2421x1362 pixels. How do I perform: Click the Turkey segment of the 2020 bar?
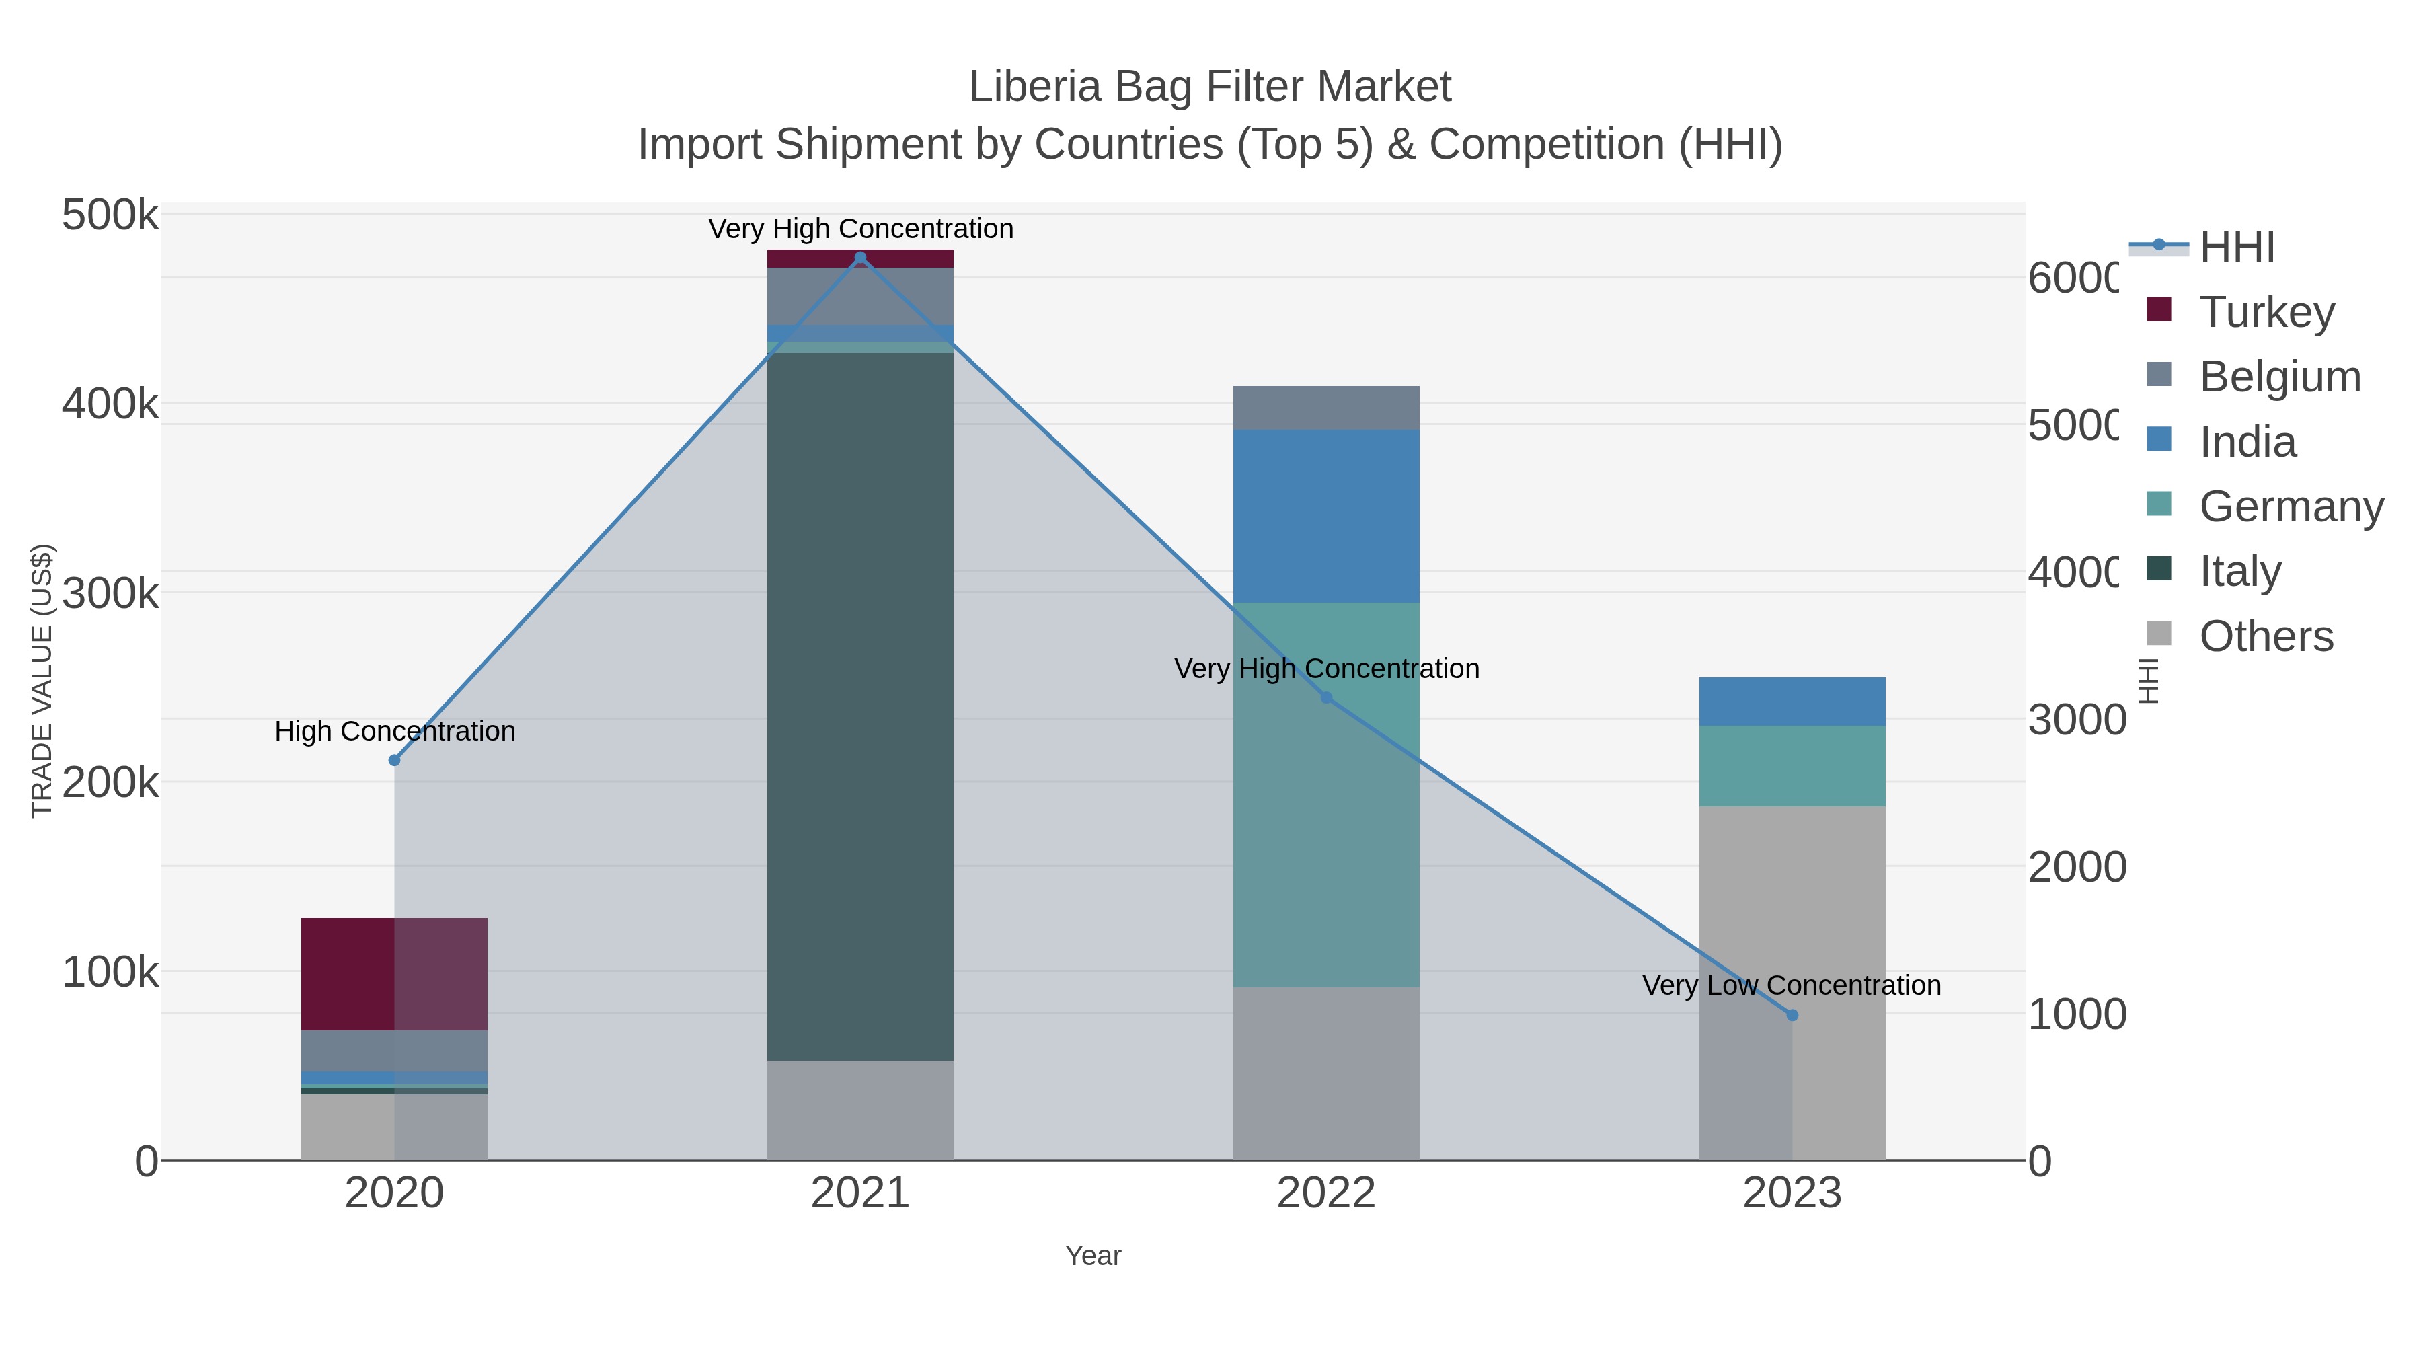(394, 974)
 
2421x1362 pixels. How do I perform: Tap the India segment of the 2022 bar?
(1325, 515)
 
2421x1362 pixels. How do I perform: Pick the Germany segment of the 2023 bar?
(1792, 765)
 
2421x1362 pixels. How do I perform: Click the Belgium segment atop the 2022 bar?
(1325, 407)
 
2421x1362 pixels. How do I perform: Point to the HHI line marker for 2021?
(860, 258)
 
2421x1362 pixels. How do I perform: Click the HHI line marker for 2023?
(1792, 1015)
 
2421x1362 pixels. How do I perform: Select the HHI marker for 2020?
(395, 759)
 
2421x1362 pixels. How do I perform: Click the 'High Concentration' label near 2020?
(395, 730)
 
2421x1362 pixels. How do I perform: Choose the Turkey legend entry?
(2266, 311)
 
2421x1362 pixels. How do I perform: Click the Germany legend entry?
(2291, 506)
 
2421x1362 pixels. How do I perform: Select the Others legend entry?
(2265, 636)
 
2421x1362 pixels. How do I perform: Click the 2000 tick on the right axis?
(2076, 867)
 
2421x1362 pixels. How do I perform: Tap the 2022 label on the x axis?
(1325, 1193)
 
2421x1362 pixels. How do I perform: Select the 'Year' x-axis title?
(1092, 1255)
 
